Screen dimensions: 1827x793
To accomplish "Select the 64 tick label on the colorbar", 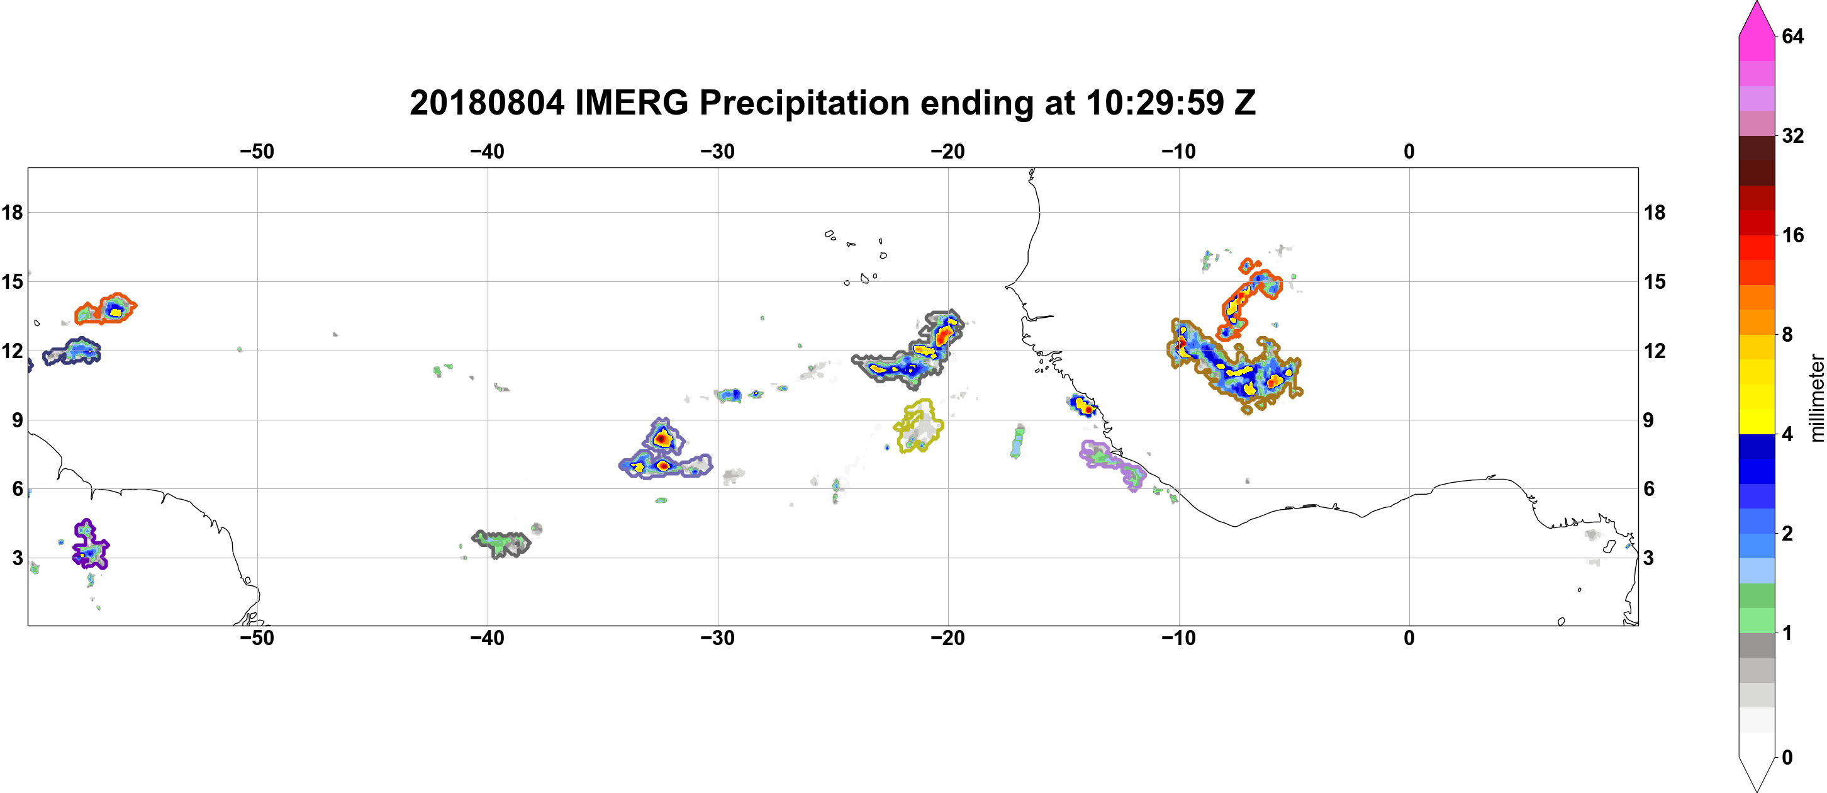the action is click(1792, 36).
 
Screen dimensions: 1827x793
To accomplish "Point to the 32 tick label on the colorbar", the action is click(1792, 135).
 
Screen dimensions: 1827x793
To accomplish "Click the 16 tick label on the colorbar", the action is click(1792, 235).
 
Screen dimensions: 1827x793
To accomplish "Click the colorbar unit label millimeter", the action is click(1816, 398).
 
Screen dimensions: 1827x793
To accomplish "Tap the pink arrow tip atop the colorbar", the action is click(1756, 3).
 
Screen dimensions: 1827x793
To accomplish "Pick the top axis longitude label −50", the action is click(257, 151).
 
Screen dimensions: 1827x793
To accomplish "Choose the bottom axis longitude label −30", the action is click(718, 638).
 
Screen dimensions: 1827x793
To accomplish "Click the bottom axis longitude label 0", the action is click(1409, 638).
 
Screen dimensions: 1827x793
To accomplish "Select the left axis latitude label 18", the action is click(12, 212).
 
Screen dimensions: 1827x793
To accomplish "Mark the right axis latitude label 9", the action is click(1648, 420).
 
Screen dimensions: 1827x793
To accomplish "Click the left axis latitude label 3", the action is click(17, 558).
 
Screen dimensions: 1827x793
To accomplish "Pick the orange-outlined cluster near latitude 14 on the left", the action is click(106, 309).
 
